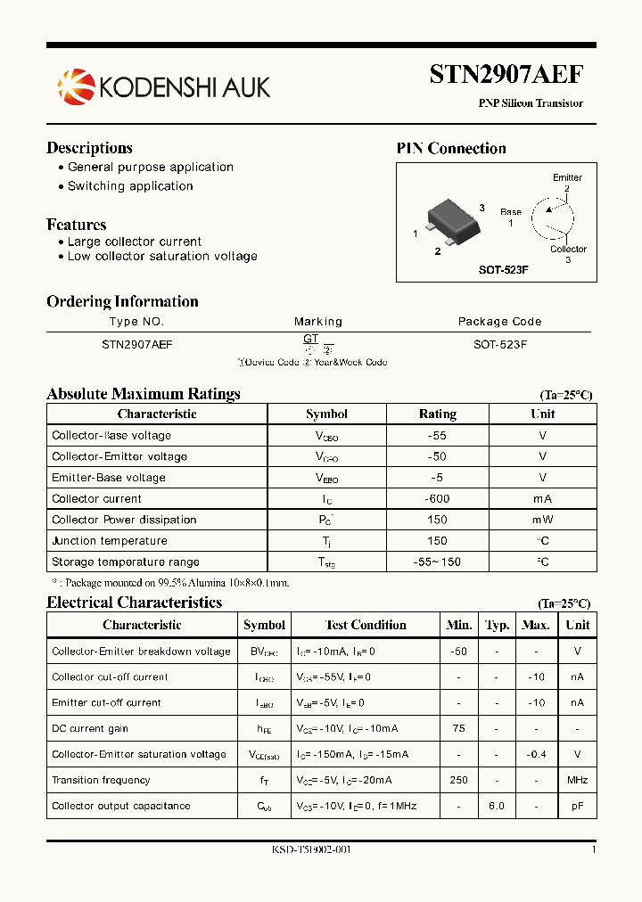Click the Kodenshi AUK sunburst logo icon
coord(75,86)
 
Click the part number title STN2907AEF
coord(506,74)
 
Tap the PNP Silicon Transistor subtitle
coord(531,103)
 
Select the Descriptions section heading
coord(89,148)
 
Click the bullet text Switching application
coord(130,186)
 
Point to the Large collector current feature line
coord(135,242)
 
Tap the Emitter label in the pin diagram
coord(567,177)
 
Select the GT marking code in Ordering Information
coord(310,339)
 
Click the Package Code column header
coord(499,322)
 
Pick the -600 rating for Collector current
coord(437,499)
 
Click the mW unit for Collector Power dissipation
coord(542,520)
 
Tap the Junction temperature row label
coord(110,541)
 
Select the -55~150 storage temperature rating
coord(437,562)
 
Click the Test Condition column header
coord(366,625)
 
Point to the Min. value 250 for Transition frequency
coord(459,780)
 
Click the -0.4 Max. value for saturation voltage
coord(535,754)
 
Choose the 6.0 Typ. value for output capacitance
coord(497,806)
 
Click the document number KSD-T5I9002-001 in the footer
coord(311,849)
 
